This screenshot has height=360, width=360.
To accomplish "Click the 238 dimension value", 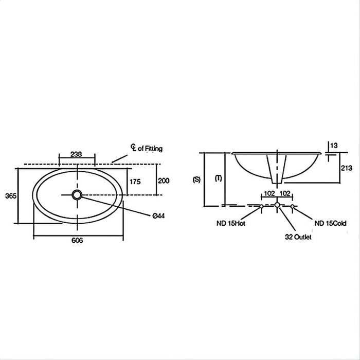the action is (x=76, y=154).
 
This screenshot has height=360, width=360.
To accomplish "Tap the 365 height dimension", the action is (x=11, y=196).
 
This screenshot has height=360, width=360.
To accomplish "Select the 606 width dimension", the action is (x=77, y=240).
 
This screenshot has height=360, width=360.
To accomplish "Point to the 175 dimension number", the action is (x=135, y=182).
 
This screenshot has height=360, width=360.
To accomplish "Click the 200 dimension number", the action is (x=164, y=181).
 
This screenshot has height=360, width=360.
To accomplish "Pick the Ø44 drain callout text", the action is (x=158, y=215).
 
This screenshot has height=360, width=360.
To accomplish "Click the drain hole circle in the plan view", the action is (x=77, y=195).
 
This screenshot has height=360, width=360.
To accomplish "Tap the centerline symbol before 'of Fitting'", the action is (x=133, y=147).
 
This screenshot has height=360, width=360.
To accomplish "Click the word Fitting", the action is (x=153, y=149).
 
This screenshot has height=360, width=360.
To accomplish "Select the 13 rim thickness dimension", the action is (x=334, y=146).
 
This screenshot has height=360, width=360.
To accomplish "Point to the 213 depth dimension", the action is (x=347, y=168).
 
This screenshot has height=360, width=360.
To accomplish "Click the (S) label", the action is (x=197, y=179).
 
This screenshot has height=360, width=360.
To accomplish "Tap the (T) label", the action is (x=219, y=178).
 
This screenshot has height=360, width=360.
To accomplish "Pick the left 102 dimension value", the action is (x=269, y=193).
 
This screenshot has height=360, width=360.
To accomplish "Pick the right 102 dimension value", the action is (x=285, y=193).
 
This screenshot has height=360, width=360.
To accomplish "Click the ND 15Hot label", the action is (x=231, y=223).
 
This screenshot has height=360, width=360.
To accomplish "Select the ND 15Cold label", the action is (x=330, y=223).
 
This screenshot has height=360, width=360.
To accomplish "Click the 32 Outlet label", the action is (x=298, y=237).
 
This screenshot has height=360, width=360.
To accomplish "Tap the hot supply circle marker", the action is (x=261, y=206).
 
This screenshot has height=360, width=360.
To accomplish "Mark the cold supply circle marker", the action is (x=292, y=206).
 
